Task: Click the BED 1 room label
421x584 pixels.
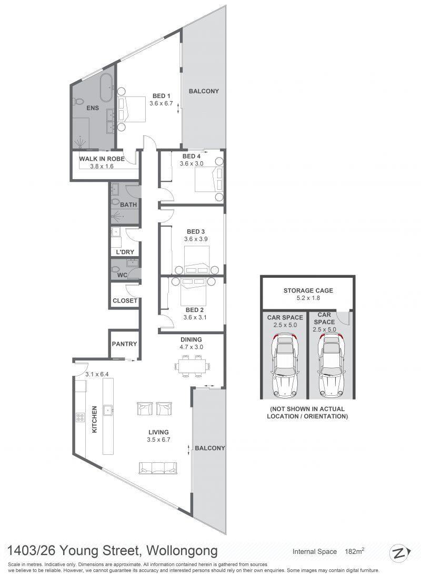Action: [x=162, y=96]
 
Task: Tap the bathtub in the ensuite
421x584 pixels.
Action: [x=107, y=87]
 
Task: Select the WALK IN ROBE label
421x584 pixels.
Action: [x=102, y=159]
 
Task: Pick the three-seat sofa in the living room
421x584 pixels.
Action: [x=158, y=468]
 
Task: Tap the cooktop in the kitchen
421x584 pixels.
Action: [x=81, y=417]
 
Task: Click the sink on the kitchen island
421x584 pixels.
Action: [x=108, y=410]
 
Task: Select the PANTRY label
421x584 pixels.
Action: [x=125, y=344]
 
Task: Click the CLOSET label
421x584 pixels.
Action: [x=125, y=300]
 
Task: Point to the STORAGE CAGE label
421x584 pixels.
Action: [x=308, y=290]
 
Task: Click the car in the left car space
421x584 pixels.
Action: [x=285, y=365]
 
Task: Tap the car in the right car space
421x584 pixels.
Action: [x=332, y=365]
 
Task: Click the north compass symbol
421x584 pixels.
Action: [x=399, y=553]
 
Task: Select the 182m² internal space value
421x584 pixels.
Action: [x=354, y=551]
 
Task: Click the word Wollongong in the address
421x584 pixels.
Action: [x=182, y=550]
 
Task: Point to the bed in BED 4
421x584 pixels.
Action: [x=209, y=179]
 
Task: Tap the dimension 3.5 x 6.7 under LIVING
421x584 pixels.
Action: [x=158, y=440]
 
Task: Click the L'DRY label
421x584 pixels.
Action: [x=125, y=252]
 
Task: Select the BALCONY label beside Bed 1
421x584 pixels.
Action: [x=204, y=91]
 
